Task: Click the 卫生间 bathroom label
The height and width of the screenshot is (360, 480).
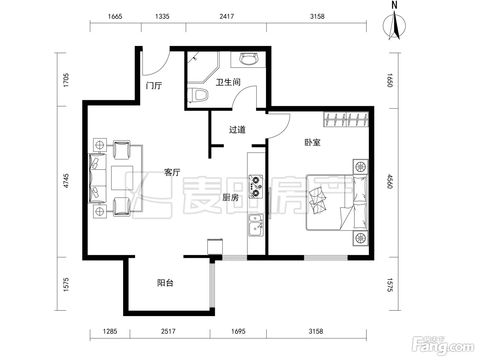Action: coord(228,82)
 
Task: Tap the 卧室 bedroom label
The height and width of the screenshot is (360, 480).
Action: coord(312,143)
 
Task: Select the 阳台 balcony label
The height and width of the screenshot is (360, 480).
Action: coord(165,283)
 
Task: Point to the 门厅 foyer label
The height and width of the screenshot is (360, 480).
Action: coord(154,85)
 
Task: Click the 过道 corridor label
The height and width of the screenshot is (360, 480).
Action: coord(237,130)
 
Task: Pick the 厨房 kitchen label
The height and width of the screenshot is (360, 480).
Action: coord(230,197)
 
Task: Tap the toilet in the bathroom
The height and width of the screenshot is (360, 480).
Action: coord(197,95)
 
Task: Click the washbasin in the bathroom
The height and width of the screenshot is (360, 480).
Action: coord(249,59)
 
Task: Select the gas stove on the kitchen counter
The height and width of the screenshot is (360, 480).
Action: coord(256,187)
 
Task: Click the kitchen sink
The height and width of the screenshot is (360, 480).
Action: coord(256,225)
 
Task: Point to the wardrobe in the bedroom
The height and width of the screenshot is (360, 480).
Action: coord(346,119)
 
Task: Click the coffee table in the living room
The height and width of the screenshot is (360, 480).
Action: coord(122,178)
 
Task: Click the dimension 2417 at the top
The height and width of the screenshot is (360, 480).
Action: coord(227,16)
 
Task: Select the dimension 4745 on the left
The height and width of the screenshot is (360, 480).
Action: coord(66,181)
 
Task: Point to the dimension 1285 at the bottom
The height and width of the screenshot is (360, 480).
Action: coord(110,331)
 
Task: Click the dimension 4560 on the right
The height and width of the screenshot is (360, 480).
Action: coord(390,181)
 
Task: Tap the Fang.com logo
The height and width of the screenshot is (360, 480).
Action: coord(443,346)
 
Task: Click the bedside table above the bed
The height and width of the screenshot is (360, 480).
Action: coord(360,167)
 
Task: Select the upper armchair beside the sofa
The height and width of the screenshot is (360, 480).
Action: coord(122,150)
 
